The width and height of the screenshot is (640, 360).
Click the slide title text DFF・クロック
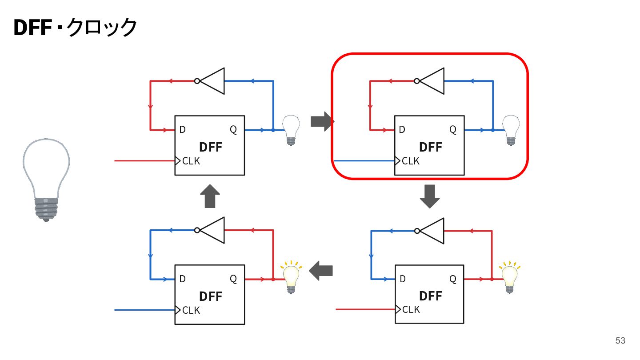(75, 28)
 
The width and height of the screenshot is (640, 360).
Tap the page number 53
(620, 340)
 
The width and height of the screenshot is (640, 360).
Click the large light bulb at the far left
(46, 180)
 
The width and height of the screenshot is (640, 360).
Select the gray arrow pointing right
(322, 121)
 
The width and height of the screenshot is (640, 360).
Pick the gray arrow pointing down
(430, 196)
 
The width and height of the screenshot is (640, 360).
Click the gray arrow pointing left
(321, 271)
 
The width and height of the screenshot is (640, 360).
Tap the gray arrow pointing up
(210, 196)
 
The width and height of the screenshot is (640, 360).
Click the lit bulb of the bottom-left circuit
(291, 277)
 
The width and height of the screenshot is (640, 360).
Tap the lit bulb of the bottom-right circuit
(510, 277)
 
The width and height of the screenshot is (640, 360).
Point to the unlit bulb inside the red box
(511, 130)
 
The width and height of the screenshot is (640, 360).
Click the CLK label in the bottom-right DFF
(411, 309)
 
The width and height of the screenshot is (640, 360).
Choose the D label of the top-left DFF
(183, 130)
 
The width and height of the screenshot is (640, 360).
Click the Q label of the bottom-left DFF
(233, 279)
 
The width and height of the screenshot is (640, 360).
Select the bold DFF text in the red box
(431, 147)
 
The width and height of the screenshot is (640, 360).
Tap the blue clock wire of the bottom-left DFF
(144, 310)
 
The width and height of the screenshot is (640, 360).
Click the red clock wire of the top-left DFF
(144, 161)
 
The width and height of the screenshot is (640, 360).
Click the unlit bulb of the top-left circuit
(291, 130)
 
